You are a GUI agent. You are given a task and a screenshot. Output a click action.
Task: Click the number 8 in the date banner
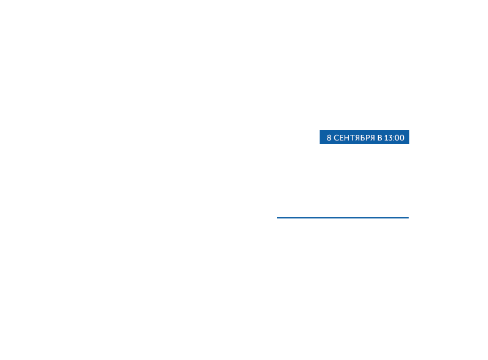pyautogui.click(x=329, y=138)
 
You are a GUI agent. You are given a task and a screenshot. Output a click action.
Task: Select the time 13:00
pyautogui.click(x=394, y=138)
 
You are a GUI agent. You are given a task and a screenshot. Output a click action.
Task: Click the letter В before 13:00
pyautogui.click(x=379, y=138)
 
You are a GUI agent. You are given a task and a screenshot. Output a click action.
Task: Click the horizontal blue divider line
pyautogui.click(x=342, y=217)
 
